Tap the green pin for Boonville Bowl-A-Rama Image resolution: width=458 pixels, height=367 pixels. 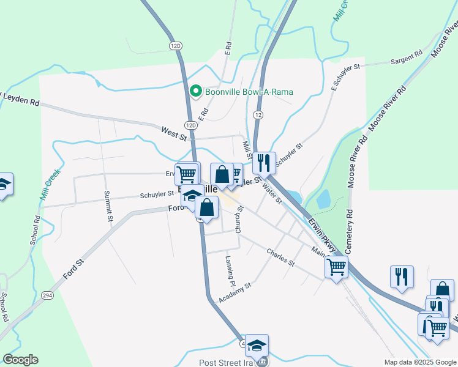(196, 92)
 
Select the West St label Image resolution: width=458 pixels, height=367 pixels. (174, 132)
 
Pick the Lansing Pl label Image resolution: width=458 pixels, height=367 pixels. (230, 272)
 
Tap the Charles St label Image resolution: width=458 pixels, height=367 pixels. (280, 258)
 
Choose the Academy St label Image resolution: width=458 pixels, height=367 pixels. (235, 293)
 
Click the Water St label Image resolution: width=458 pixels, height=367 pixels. (272, 192)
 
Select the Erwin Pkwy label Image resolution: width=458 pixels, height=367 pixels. (322, 235)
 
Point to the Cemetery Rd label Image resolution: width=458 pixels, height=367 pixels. (350, 232)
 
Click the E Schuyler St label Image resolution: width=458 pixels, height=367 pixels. (343, 76)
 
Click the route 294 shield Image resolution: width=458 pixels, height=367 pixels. (47, 295)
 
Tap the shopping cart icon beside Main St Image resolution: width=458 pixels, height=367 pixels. (336, 267)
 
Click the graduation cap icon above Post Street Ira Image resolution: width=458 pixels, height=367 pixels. (257, 345)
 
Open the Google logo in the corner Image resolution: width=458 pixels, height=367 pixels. (21, 360)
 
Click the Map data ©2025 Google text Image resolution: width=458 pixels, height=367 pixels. (419, 362)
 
